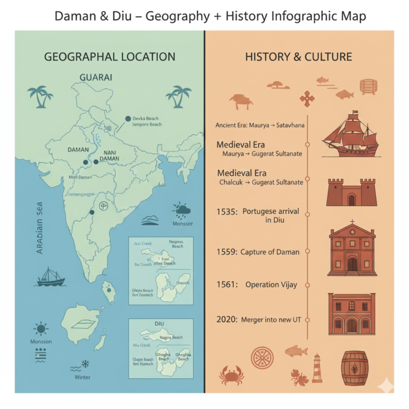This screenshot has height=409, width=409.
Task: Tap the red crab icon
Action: (x=232, y=374)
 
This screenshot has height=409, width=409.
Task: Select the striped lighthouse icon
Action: (x=317, y=368)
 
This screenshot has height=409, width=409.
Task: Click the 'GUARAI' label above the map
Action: (x=96, y=77)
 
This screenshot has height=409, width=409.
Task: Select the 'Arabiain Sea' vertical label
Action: (x=39, y=227)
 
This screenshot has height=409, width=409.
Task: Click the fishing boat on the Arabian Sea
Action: (x=51, y=277)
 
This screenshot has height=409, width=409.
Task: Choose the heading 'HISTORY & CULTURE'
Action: (x=298, y=56)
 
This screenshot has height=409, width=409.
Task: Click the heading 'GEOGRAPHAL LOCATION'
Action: (x=109, y=57)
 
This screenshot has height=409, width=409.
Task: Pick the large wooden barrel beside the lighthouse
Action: (x=355, y=368)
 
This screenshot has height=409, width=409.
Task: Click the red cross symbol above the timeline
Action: (x=307, y=98)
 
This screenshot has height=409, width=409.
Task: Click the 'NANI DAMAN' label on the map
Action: (x=110, y=155)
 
